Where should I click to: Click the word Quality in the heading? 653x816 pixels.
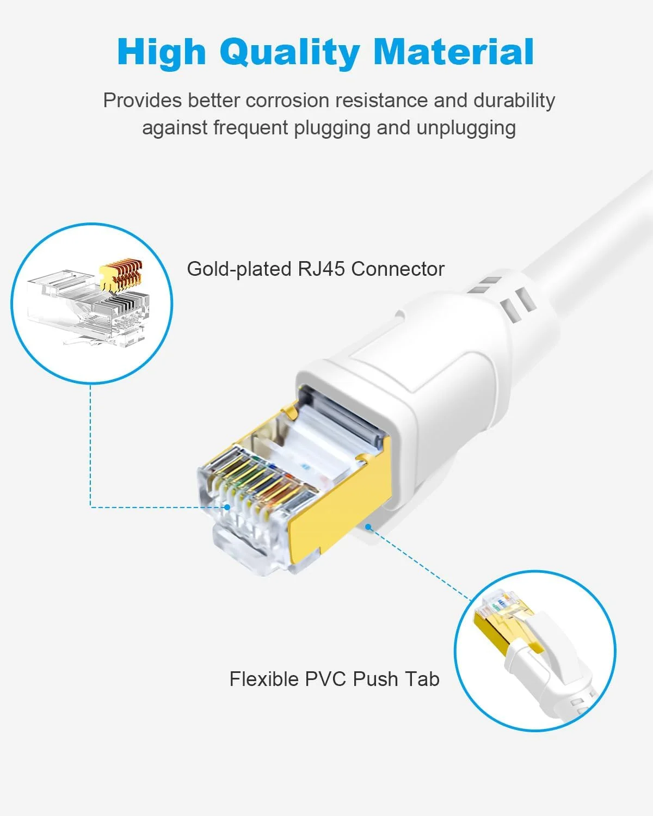[x=289, y=53]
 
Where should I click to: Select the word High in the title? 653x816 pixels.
[x=161, y=53]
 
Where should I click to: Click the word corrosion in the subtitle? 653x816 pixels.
[x=287, y=101]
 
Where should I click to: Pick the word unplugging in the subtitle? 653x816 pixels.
[x=466, y=128]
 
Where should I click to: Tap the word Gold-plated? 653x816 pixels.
[x=239, y=269]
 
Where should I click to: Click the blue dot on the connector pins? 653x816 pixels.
[x=227, y=507]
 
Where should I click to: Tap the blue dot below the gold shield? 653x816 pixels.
[x=368, y=527]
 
